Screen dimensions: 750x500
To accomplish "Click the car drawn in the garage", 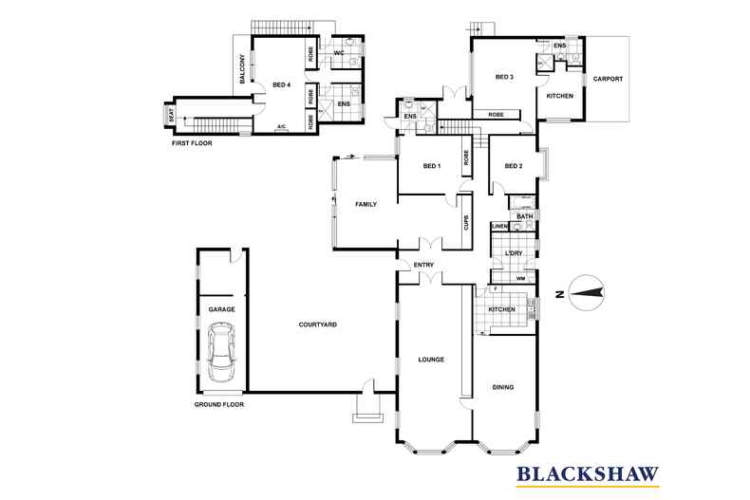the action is click(222, 352).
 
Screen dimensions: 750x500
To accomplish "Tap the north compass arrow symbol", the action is click(588, 293).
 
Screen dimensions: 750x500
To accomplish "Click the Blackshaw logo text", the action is click(588, 473).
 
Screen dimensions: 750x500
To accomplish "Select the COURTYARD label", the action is click(318, 324).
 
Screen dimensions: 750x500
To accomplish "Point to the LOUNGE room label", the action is click(431, 360).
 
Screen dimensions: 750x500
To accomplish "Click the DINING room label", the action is click(503, 387).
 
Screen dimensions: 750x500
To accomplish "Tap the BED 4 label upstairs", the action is click(282, 85).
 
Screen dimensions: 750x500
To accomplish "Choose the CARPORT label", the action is click(608, 79).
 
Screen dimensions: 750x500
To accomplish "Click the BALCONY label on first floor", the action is click(242, 69).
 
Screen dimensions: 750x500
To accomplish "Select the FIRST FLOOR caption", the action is click(192, 143).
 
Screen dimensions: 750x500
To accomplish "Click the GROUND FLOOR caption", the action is click(219, 404).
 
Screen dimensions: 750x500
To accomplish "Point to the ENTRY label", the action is click(423, 265).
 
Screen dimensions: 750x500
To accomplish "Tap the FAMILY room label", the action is click(366, 204).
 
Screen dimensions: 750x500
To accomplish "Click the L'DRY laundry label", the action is click(514, 253).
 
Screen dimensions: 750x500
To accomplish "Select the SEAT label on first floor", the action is click(171, 114).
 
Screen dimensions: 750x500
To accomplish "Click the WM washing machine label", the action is click(521, 278).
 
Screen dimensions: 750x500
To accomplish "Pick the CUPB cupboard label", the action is click(467, 222).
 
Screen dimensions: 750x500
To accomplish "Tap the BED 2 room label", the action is click(514, 166).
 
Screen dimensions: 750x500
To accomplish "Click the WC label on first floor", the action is click(339, 53).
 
